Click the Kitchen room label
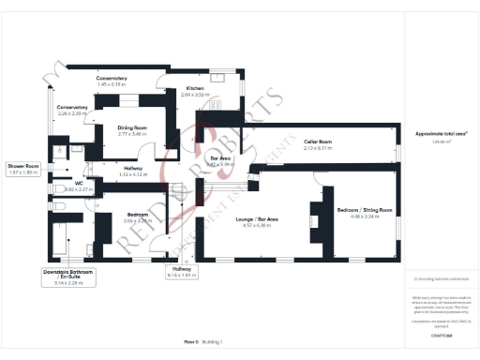194,88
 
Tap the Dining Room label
133,127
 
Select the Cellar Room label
319,142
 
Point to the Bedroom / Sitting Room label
365,209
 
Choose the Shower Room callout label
23,165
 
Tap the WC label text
81,183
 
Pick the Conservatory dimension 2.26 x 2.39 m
72,113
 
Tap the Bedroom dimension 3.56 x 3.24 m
137,221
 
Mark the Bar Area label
220,160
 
